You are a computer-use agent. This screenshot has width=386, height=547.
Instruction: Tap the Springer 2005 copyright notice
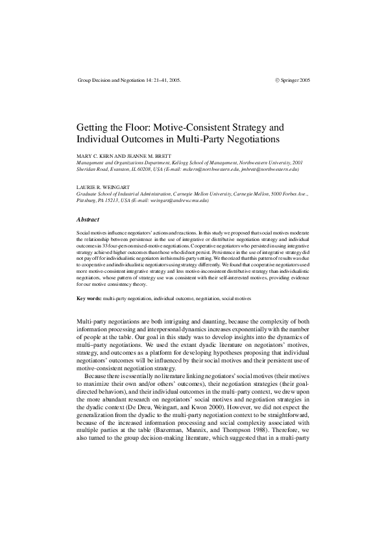coord(295,79)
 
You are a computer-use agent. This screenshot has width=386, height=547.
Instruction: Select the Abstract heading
coord(88,219)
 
